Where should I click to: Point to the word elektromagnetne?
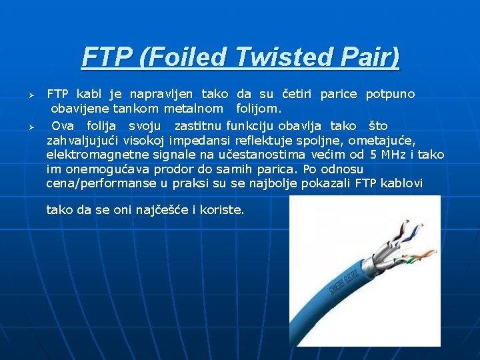coord(93,155)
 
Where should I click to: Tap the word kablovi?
coord(402,183)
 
